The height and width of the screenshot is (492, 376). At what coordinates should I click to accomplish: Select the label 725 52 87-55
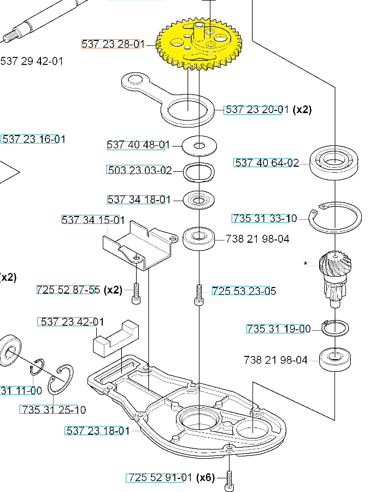tap(68, 290)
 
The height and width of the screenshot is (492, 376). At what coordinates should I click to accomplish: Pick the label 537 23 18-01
tap(98, 431)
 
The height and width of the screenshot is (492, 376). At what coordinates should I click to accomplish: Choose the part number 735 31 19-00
tap(278, 329)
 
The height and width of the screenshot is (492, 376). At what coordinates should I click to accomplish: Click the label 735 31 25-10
tap(53, 409)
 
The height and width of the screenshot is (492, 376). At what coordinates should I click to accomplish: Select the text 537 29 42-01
tap(32, 61)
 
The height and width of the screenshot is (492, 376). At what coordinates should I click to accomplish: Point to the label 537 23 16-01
tap(33, 139)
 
